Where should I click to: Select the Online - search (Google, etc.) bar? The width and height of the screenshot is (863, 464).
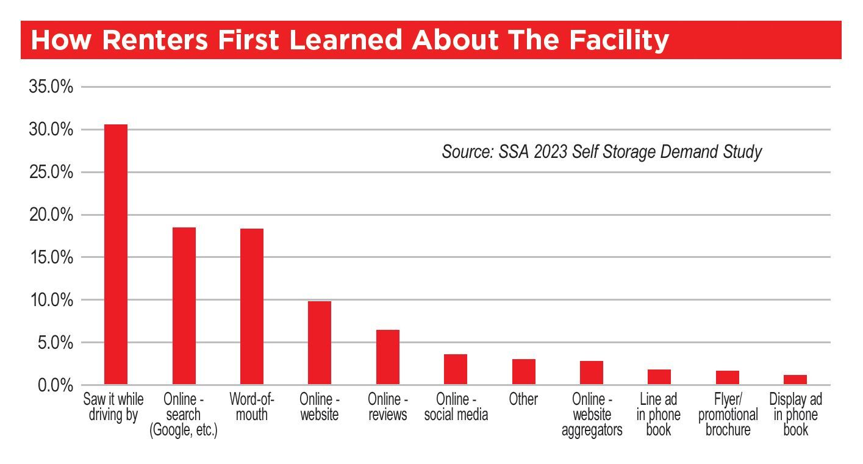click(x=184, y=305)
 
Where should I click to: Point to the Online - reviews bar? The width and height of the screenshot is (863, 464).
click(x=388, y=357)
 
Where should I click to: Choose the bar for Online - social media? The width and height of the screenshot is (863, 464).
click(x=456, y=369)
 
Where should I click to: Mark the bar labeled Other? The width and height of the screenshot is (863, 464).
click(x=524, y=372)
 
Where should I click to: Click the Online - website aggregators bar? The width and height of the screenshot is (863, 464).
click(x=592, y=373)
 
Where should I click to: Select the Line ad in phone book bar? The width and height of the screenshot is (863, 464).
click(x=659, y=377)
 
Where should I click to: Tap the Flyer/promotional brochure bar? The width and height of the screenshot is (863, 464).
click(x=728, y=377)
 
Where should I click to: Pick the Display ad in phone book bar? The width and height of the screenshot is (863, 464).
click(x=795, y=380)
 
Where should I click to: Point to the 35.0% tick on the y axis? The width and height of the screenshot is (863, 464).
click(x=51, y=87)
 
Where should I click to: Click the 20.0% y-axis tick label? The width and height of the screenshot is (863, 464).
click(x=51, y=215)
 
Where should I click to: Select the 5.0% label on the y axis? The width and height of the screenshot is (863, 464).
click(x=55, y=343)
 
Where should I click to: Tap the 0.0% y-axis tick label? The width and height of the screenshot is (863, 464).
click(x=55, y=385)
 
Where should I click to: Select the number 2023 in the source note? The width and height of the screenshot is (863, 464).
click(x=550, y=151)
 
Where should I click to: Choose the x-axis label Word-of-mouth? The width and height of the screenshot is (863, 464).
click(x=252, y=407)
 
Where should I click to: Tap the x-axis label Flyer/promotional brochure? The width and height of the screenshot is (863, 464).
click(x=728, y=415)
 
